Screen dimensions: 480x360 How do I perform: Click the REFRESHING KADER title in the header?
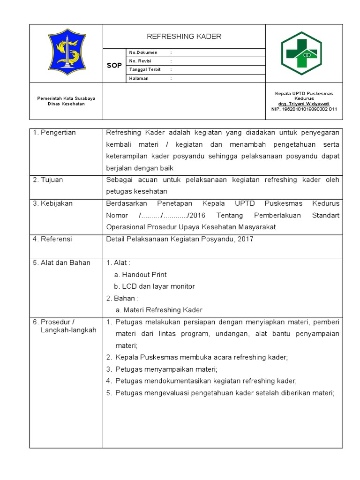[x=184, y=37]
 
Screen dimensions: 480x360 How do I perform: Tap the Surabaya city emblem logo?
[x=66, y=53]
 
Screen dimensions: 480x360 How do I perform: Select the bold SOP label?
[x=114, y=66]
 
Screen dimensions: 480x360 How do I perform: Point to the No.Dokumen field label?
[x=143, y=52]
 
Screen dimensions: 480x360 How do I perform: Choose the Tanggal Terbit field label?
[x=145, y=69]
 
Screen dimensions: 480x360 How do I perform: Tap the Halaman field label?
[x=139, y=78]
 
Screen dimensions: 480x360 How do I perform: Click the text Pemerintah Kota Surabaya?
[x=66, y=98]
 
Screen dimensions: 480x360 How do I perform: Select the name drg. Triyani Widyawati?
[x=304, y=104]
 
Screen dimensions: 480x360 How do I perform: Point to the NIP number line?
[x=304, y=109]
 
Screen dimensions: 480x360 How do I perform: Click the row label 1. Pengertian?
[x=54, y=133]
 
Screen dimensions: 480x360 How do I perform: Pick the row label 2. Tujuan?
[x=48, y=180]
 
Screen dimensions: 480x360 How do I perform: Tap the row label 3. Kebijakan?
[x=53, y=203]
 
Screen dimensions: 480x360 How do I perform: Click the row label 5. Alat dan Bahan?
[x=61, y=262]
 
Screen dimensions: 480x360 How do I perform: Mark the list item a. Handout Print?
[x=140, y=275]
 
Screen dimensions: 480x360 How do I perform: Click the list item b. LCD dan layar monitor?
[x=154, y=286]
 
